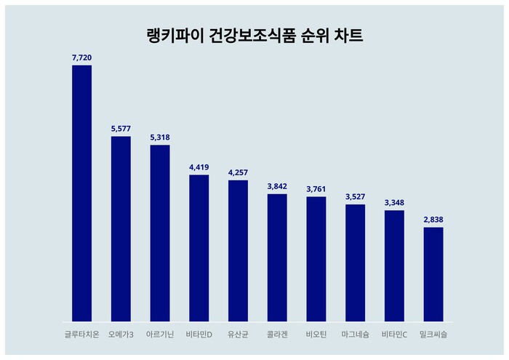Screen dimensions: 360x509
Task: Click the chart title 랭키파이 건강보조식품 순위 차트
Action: click(x=254, y=36)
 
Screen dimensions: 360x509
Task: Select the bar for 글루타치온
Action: click(x=81, y=193)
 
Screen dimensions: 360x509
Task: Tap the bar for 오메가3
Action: click(x=121, y=228)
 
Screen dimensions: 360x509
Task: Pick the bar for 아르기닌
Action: click(x=160, y=233)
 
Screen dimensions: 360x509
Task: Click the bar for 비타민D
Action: click(x=199, y=247)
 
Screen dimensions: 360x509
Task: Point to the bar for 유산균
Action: click(x=238, y=250)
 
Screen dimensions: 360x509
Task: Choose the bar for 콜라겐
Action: click(x=277, y=257)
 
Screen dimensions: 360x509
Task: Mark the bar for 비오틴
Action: click(x=316, y=259)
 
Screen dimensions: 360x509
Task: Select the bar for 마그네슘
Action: click(x=355, y=263)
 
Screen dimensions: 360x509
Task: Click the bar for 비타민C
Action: click(x=394, y=265)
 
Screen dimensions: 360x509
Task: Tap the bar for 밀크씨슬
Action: click(x=433, y=274)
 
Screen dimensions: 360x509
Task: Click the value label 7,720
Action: click(x=81, y=57)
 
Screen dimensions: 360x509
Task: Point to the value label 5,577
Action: click(x=121, y=128)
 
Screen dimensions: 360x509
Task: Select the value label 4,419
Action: click(x=199, y=167)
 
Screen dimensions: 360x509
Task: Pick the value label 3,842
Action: click(x=277, y=185)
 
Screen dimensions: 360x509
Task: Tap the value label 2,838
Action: click(x=433, y=219)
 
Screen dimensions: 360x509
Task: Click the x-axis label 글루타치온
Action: click(x=81, y=335)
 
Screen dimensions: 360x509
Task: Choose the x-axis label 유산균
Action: click(x=238, y=335)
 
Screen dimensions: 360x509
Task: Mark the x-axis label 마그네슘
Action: click(x=355, y=335)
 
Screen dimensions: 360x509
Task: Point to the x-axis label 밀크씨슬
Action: click(x=433, y=335)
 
